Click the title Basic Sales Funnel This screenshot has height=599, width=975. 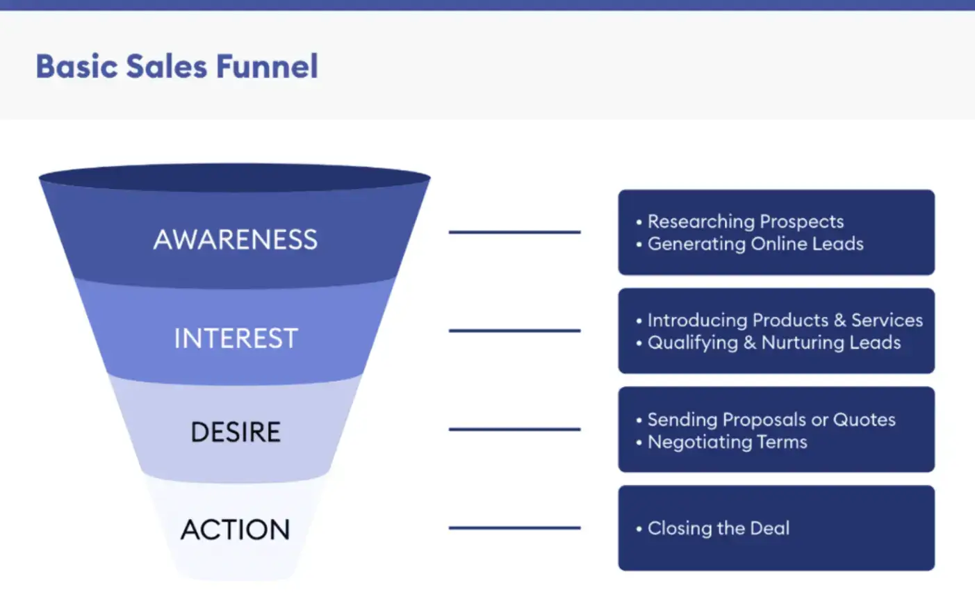(177, 67)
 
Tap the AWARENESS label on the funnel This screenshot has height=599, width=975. (236, 240)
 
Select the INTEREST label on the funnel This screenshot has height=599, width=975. (236, 338)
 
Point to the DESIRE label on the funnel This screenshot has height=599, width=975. (236, 432)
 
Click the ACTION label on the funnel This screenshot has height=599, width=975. (236, 530)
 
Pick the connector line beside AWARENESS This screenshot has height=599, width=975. (514, 232)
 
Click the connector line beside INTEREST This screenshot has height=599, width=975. (514, 331)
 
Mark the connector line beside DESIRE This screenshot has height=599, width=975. (514, 429)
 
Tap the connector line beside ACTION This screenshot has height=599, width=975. (514, 528)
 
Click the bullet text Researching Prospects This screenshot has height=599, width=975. (745, 222)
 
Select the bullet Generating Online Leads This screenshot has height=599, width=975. (755, 244)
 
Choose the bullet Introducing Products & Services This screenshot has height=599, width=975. (785, 320)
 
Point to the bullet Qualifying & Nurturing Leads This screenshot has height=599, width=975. (773, 343)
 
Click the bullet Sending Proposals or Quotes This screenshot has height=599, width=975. (771, 420)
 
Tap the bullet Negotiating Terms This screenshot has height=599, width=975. (727, 442)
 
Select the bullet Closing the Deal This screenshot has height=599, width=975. (718, 528)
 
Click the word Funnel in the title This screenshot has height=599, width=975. (267, 67)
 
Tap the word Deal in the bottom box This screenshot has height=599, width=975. (770, 528)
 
